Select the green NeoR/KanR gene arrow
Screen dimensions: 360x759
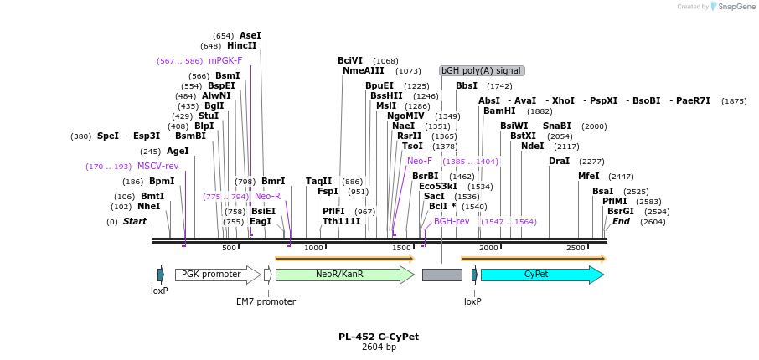point(343,275)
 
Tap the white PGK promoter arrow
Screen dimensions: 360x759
point(216,275)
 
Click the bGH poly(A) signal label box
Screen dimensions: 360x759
point(482,71)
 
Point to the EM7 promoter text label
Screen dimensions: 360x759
point(266,301)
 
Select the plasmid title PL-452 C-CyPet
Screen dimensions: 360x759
point(379,337)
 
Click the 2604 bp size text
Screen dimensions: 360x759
point(379,347)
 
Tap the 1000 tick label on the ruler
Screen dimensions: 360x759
point(313,248)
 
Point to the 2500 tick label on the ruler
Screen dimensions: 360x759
point(576,248)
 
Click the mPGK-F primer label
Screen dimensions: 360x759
point(225,61)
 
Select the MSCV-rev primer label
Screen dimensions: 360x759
point(157,167)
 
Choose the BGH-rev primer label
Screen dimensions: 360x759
point(452,222)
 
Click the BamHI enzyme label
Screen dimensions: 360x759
point(499,111)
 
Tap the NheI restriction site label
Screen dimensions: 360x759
point(148,207)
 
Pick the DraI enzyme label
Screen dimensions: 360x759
point(559,162)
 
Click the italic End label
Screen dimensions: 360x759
point(621,222)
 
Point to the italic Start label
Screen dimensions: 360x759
point(134,222)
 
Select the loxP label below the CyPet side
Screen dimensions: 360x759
point(472,301)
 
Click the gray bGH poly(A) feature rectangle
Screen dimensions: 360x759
point(441,275)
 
